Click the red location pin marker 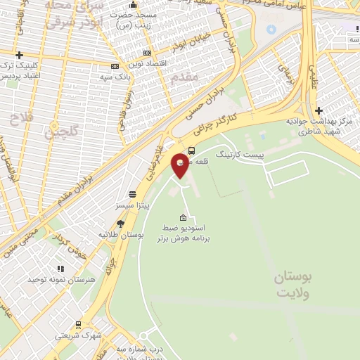pyautogui.click(x=181, y=165)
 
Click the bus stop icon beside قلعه pyautogui.click(x=191, y=150)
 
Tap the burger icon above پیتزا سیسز pyautogui.click(x=132, y=195)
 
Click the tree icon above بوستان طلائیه pyautogui.click(x=120, y=224)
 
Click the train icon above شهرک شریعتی pyautogui.click(x=77, y=324)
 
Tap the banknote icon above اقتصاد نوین pyautogui.click(x=146, y=53)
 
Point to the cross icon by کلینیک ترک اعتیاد pyautogui.click(x=20, y=55)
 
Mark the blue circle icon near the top pyautogui.click(x=271, y=30)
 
